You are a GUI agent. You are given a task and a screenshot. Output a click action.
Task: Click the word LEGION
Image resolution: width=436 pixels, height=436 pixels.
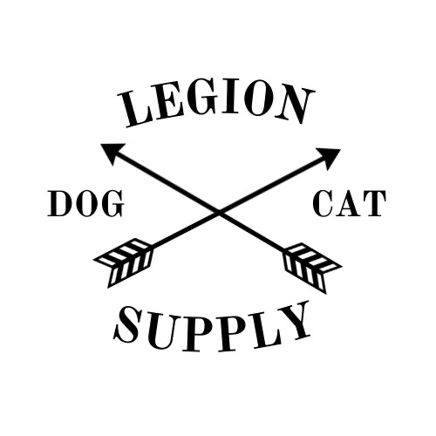click(216, 106)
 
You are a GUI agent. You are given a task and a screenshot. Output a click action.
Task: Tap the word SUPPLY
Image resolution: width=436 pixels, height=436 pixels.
click(212, 329)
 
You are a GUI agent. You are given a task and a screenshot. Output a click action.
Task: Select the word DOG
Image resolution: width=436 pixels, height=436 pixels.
click(85, 203)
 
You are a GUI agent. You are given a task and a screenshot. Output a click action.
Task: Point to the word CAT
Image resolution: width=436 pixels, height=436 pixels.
click(350, 203)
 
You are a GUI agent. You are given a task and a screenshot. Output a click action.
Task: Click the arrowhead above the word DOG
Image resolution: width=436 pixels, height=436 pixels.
click(112, 153)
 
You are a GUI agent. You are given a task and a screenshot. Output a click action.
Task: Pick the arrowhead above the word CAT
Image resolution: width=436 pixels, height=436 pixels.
click(329, 159)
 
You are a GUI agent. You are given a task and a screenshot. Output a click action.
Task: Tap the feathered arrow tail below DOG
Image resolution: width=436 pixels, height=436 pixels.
click(124, 262)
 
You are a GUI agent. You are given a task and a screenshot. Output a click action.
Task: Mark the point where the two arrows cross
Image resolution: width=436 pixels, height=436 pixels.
click(219, 212)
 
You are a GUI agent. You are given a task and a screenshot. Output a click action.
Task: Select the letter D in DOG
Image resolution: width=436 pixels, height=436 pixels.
click(59, 203)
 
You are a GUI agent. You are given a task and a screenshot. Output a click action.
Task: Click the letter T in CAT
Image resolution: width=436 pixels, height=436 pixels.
click(374, 203)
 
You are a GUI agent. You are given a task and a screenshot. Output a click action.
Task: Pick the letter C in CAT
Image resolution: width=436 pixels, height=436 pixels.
click(324, 203)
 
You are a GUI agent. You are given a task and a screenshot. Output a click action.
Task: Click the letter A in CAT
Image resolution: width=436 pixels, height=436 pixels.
click(348, 204)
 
